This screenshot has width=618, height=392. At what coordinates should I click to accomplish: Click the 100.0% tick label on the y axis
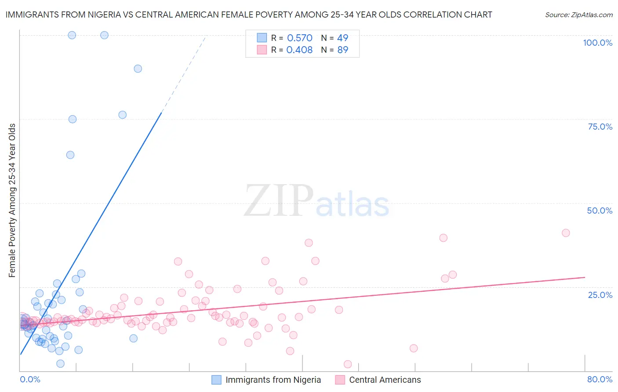click(597, 43)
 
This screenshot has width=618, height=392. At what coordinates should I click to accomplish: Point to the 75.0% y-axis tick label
click(600, 127)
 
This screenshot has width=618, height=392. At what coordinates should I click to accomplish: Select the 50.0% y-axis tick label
click(600, 211)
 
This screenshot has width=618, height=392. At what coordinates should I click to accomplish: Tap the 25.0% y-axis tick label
click(600, 295)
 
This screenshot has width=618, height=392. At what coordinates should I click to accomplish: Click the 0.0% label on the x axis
click(30, 379)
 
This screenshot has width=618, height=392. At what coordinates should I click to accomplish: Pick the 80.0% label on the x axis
click(600, 379)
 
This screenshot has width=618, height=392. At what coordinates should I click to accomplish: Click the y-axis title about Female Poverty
click(12, 200)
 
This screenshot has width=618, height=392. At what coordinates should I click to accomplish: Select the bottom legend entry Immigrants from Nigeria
click(273, 380)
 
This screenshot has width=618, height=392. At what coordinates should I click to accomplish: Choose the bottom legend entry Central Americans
click(385, 380)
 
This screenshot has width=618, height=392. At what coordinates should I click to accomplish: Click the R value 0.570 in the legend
click(299, 38)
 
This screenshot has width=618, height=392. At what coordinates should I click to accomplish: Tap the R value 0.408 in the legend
click(299, 50)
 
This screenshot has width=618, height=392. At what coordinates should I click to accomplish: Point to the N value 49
click(342, 38)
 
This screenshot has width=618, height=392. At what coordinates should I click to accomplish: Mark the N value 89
click(342, 50)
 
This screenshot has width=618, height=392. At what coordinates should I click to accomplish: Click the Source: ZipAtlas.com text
click(578, 15)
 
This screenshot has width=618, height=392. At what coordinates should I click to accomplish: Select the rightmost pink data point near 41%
click(566, 233)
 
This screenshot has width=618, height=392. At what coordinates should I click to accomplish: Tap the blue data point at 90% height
click(138, 69)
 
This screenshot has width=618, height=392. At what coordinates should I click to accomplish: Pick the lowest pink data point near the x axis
click(348, 364)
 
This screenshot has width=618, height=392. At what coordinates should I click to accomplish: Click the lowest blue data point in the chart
click(61, 363)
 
